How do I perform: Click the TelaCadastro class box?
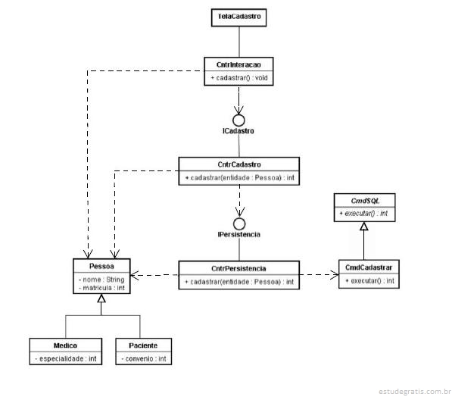pyautogui.click(x=238, y=17)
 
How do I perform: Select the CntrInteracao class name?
pyautogui.click(x=238, y=64)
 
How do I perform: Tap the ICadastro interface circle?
pyautogui.click(x=238, y=120)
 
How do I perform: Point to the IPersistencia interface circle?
pyautogui.click(x=239, y=224)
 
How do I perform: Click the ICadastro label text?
pyautogui.click(x=238, y=131)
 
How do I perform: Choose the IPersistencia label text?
pyautogui.click(x=239, y=234)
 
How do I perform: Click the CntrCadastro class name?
pyautogui.click(x=239, y=164)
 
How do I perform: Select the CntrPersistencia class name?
pyautogui.click(x=238, y=269)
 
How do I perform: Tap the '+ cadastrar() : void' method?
pyautogui.click(x=239, y=78)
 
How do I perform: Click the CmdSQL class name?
pyautogui.click(x=365, y=201)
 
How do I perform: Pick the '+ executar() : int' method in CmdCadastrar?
pyautogui.click(x=369, y=281)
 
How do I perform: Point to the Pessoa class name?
pyautogui.click(x=101, y=266)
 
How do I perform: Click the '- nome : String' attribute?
pyautogui.click(x=101, y=280)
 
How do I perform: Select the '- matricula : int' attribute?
pyautogui.click(x=101, y=288)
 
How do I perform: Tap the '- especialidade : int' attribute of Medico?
pyautogui.click(x=66, y=358)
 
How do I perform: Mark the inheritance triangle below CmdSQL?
pyautogui.click(x=363, y=227)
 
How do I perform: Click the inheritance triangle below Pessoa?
pyautogui.click(x=101, y=298)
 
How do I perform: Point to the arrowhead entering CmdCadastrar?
pyautogui.click(x=335, y=275)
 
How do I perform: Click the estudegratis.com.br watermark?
pyautogui.click(x=415, y=392)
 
